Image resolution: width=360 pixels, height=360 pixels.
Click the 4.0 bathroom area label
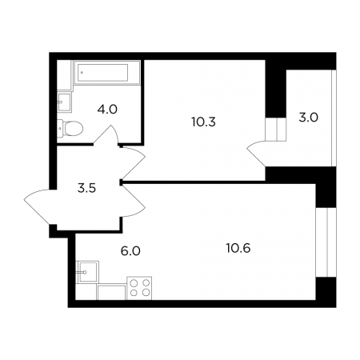point(107,110)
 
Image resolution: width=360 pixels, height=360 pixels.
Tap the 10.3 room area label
point(203,122)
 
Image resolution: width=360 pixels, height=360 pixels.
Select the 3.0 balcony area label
point(309,118)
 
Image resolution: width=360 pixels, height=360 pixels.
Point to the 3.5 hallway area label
point(86,188)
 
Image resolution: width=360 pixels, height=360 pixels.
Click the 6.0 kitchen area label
point(130,251)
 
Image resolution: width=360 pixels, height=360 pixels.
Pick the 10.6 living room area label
point(238,248)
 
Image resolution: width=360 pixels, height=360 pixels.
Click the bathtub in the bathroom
point(107,73)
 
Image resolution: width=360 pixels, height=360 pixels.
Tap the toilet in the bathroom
point(70,128)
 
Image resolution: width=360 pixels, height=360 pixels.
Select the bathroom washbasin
point(64,102)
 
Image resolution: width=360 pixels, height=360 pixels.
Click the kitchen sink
point(87,272)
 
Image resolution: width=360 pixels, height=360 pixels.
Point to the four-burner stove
point(139,288)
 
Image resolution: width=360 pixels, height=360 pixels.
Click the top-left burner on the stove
point(134,282)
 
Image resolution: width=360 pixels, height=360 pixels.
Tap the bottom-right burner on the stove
point(146,293)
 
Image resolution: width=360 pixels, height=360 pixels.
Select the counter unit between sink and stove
point(111,292)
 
